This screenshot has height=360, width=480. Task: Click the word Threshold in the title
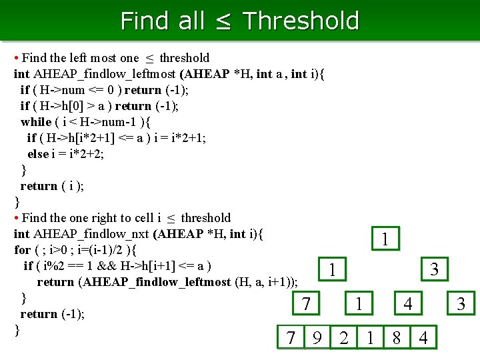pyautogui.click(x=301, y=21)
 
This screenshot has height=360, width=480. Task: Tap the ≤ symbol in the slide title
pyautogui.click(x=223, y=21)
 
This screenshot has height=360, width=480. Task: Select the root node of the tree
pyautogui.click(x=385, y=239)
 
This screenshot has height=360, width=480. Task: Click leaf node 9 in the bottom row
pyautogui.click(x=317, y=337)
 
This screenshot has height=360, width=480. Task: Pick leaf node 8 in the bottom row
pyautogui.click(x=397, y=337)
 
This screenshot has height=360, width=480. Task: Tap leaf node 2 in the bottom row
pyautogui.click(x=344, y=337)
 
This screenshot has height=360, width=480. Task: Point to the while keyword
pyautogui.click(x=36, y=122)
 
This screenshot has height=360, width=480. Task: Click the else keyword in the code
pyautogui.click(x=38, y=154)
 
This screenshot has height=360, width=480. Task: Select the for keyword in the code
pyautogui.click(x=22, y=250)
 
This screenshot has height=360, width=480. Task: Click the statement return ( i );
pyautogui.click(x=52, y=186)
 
